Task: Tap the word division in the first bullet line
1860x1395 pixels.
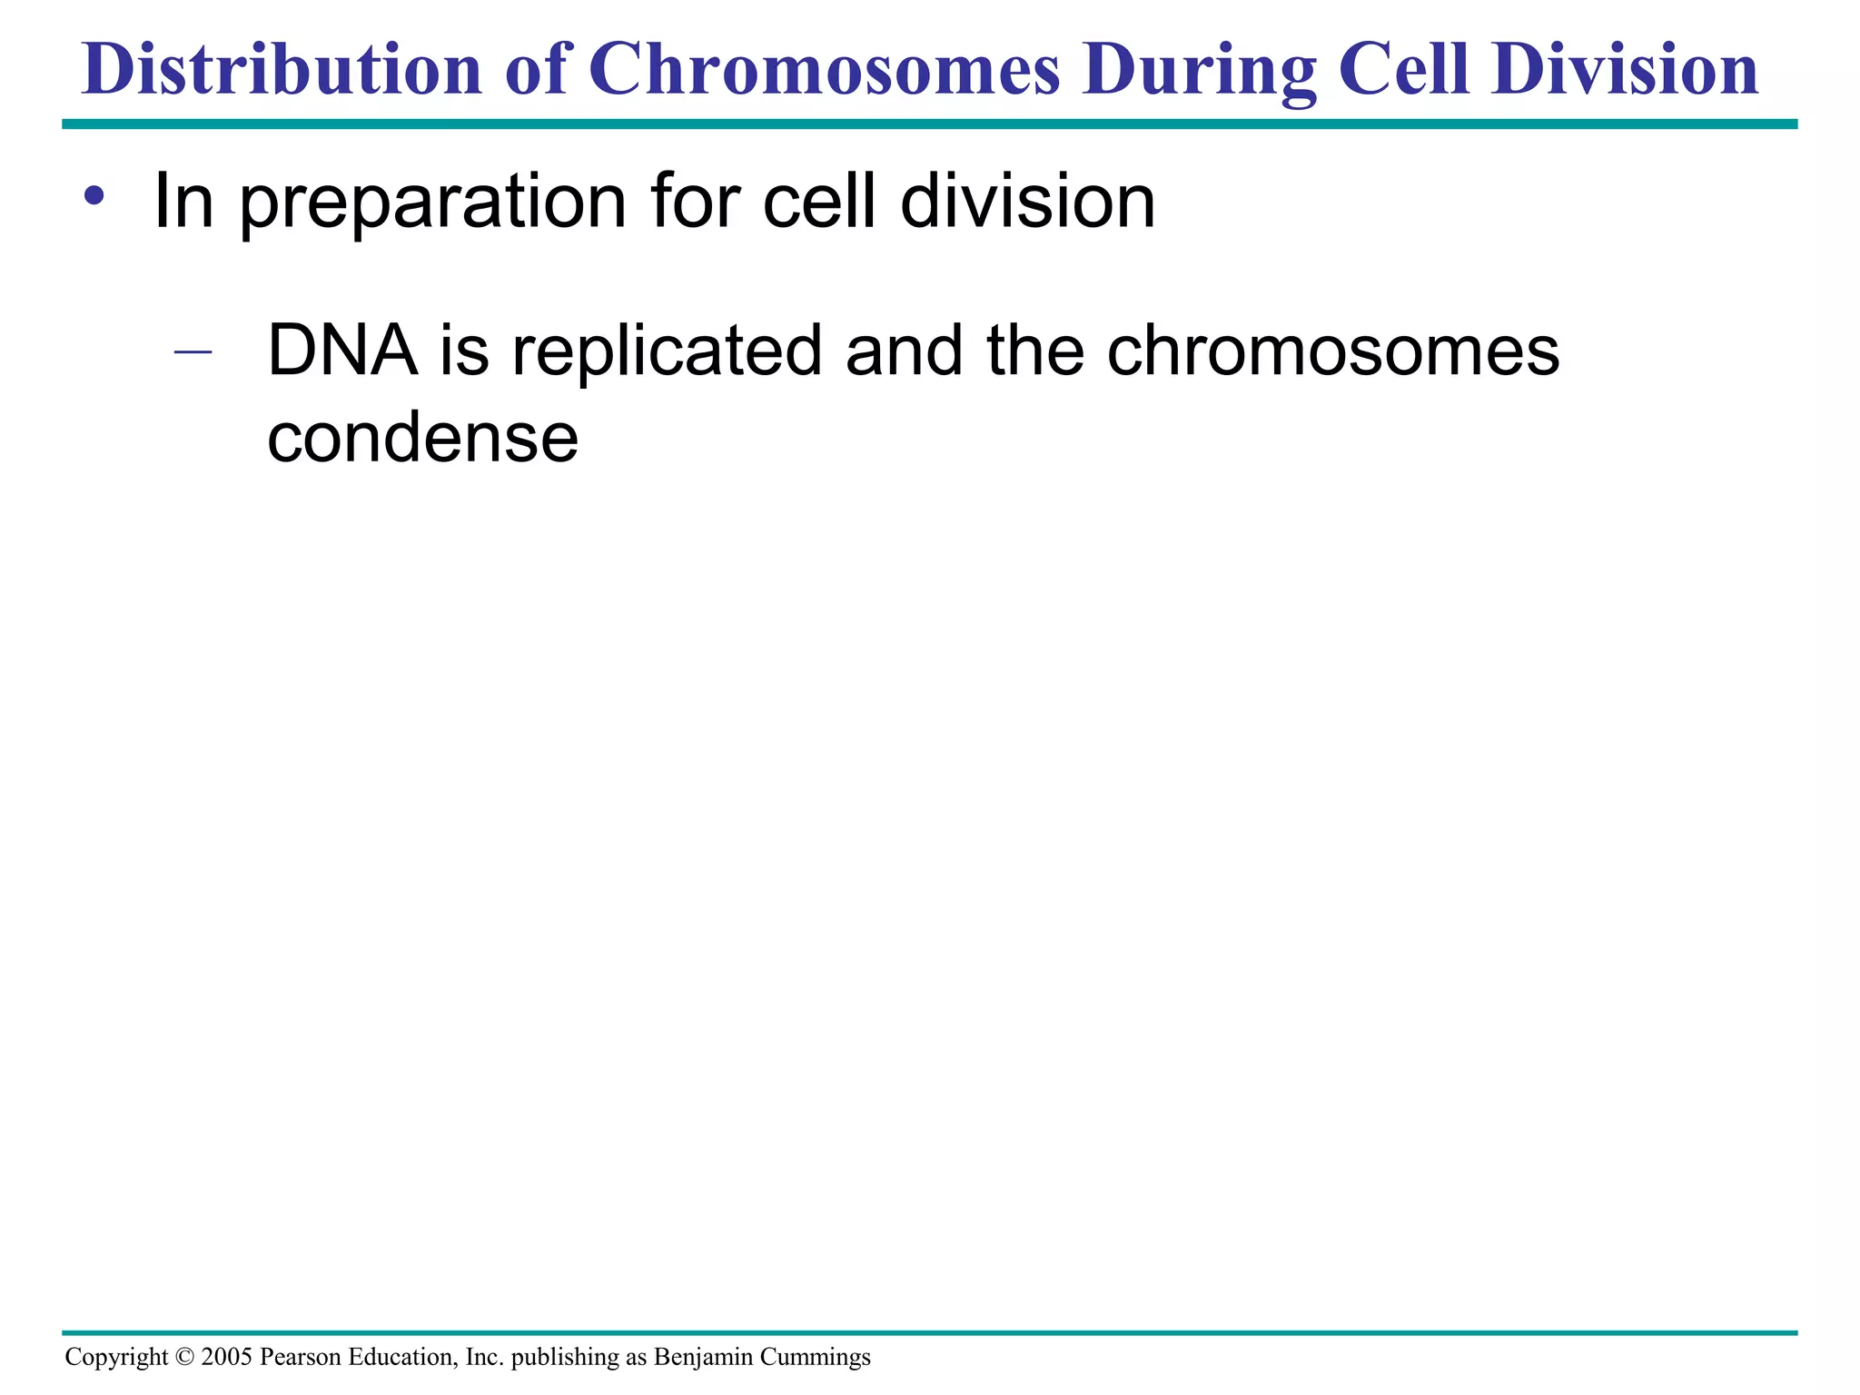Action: tap(1027, 202)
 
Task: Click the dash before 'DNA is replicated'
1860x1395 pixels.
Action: tap(193, 351)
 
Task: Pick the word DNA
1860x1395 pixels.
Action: tap(341, 351)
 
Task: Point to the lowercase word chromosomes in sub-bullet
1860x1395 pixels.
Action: tap(1332, 351)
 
